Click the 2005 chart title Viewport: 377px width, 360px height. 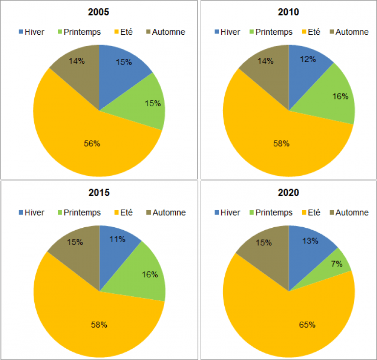click(99, 11)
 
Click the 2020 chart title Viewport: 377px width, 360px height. click(289, 192)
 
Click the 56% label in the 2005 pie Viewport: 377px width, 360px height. click(92, 144)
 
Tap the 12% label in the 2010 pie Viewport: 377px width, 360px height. click(308, 59)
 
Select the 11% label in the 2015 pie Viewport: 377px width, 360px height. click(118, 240)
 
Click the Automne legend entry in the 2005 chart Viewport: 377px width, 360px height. click(165, 32)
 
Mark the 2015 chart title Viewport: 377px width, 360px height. click(99, 192)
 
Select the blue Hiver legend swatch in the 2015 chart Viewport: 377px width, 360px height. click(21, 213)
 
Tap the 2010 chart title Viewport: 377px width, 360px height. click(289, 11)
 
